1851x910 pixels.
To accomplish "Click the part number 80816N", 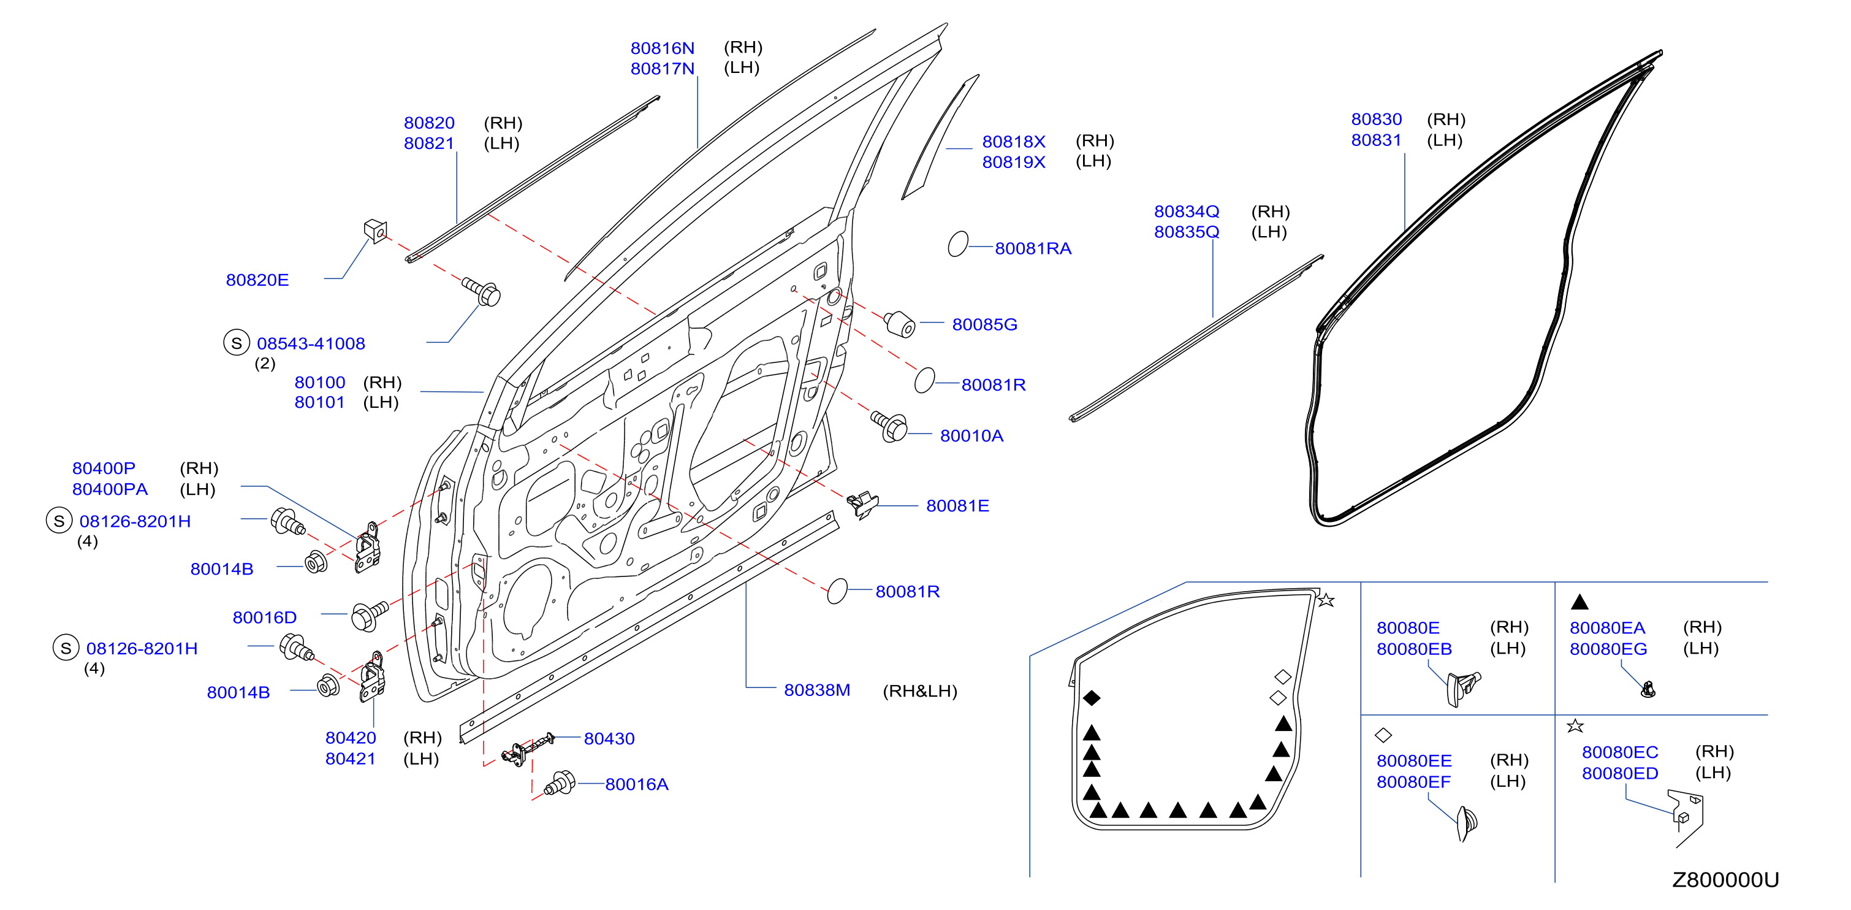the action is pos(662,48).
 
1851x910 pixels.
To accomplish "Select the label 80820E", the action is pos(257,280).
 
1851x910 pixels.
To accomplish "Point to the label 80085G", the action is pos(984,324).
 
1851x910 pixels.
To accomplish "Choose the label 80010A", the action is pos(971,435).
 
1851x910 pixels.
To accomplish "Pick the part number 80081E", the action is pos(957,506).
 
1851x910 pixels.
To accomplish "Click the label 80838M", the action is pos(817,690).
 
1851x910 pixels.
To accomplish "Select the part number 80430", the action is pos(609,738).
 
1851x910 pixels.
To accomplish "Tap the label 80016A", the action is pos(637,784).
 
